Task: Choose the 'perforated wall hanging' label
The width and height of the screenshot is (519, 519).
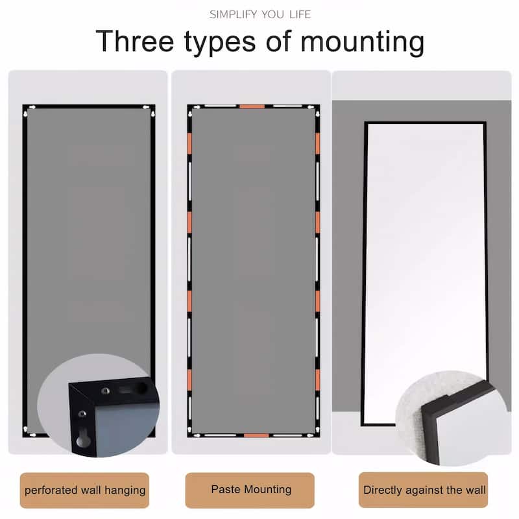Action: (x=85, y=490)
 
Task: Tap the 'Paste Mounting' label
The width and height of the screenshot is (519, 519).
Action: (x=250, y=490)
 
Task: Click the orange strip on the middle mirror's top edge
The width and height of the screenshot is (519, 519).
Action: (x=252, y=106)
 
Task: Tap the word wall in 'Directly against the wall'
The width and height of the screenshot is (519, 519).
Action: (x=476, y=490)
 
